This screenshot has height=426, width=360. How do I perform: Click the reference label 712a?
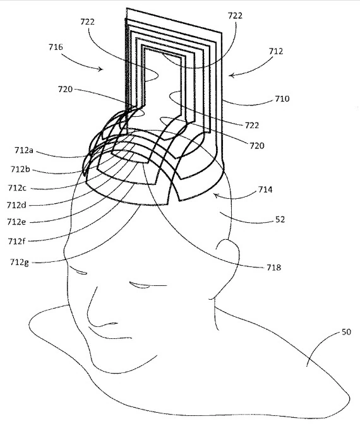click(x=23, y=150)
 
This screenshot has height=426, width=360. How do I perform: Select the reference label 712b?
click(x=20, y=169)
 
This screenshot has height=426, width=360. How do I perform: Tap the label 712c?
click(x=17, y=187)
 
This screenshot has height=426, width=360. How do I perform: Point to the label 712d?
click(x=16, y=205)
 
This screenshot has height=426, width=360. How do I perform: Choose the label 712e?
click(x=16, y=222)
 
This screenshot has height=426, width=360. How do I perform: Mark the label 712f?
click(x=16, y=241)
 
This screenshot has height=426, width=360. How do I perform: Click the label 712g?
click(x=19, y=262)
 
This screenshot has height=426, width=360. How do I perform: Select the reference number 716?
click(x=56, y=47)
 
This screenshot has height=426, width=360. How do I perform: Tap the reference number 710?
click(x=282, y=98)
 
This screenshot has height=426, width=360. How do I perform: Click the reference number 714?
click(x=265, y=189)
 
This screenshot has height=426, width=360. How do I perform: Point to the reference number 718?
click(x=273, y=268)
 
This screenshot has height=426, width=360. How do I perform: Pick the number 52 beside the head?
click(x=280, y=220)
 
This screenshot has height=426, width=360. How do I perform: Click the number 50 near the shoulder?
click(x=346, y=332)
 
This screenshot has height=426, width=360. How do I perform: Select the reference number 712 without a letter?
click(x=276, y=51)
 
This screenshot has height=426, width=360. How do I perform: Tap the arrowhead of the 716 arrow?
click(x=102, y=69)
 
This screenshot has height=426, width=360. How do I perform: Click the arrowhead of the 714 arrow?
click(x=215, y=195)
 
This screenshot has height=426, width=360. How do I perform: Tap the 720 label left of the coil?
click(x=65, y=89)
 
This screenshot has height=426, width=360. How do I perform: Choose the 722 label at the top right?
click(x=235, y=16)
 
